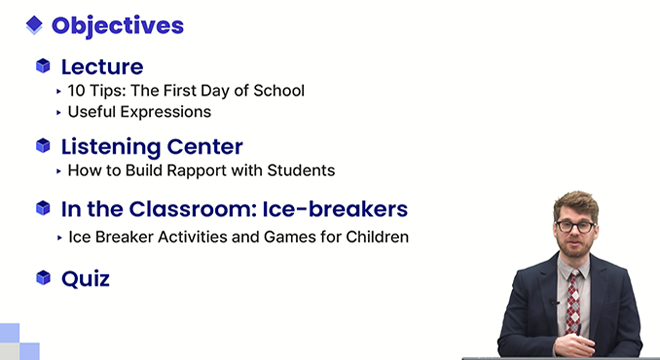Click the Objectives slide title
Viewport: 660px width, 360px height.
117,26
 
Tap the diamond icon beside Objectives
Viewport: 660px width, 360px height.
34,25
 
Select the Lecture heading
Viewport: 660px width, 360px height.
102,67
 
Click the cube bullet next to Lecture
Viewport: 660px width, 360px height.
43,66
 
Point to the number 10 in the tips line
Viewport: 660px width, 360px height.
77,91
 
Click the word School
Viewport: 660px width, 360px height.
279,91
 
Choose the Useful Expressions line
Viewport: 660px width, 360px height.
139,112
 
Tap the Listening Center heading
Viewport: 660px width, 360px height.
152,147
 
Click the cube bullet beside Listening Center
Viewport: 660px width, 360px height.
43,145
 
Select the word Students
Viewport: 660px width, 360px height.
301,171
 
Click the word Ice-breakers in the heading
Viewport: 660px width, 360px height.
335,209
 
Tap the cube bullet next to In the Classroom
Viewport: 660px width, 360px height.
43,208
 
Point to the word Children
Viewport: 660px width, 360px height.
377,237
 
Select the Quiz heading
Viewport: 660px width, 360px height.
85,279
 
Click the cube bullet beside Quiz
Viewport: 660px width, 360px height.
43,278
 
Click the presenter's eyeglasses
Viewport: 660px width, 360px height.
575,227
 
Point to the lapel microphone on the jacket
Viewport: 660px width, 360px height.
554,301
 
